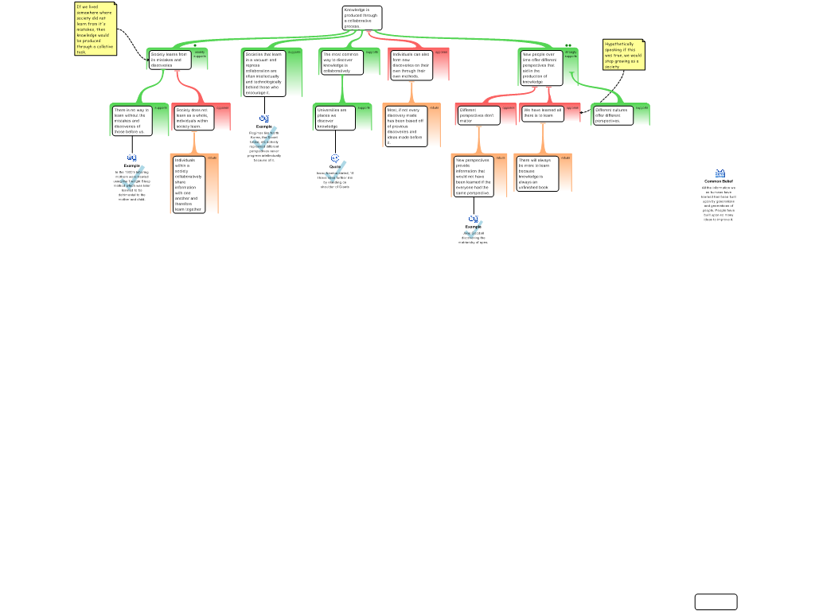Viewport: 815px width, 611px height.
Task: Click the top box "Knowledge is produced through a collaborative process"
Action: point(362,18)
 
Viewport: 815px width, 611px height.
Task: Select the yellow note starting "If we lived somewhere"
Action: point(96,29)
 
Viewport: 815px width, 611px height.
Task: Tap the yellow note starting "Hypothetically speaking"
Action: point(623,55)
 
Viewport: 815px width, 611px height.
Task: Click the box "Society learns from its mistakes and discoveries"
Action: point(170,60)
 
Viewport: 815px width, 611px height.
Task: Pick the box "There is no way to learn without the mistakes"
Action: point(131,120)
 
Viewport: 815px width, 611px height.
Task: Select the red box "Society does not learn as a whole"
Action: point(192,118)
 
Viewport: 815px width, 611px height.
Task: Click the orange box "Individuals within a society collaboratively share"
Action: point(189,185)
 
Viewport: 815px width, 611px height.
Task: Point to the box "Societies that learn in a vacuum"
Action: point(263,73)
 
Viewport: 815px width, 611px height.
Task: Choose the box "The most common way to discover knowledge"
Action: point(342,63)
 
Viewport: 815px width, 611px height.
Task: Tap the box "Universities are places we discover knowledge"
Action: point(333,118)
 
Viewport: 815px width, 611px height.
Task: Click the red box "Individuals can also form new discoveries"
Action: point(411,65)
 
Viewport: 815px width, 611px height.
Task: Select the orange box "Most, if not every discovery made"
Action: point(406,126)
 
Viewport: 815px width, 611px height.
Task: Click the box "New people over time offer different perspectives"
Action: point(541,68)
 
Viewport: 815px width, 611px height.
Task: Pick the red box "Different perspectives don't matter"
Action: point(478,115)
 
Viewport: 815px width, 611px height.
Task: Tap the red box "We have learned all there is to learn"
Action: point(543,113)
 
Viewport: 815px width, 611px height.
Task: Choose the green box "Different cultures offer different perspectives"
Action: point(613,115)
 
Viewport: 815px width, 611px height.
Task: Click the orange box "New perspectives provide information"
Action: point(474,176)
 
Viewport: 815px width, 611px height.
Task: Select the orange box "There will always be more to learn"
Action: point(536,173)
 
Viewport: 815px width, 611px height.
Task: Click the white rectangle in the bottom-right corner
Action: point(716,601)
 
